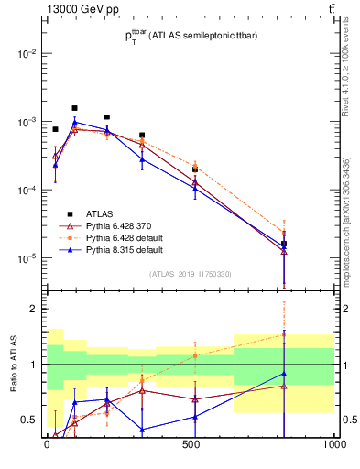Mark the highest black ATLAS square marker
click(x=75, y=108)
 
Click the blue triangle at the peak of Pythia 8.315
click(x=75, y=122)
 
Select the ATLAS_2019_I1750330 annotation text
click(x=191, y=274)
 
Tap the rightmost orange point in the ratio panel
click(x=285, y=333)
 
